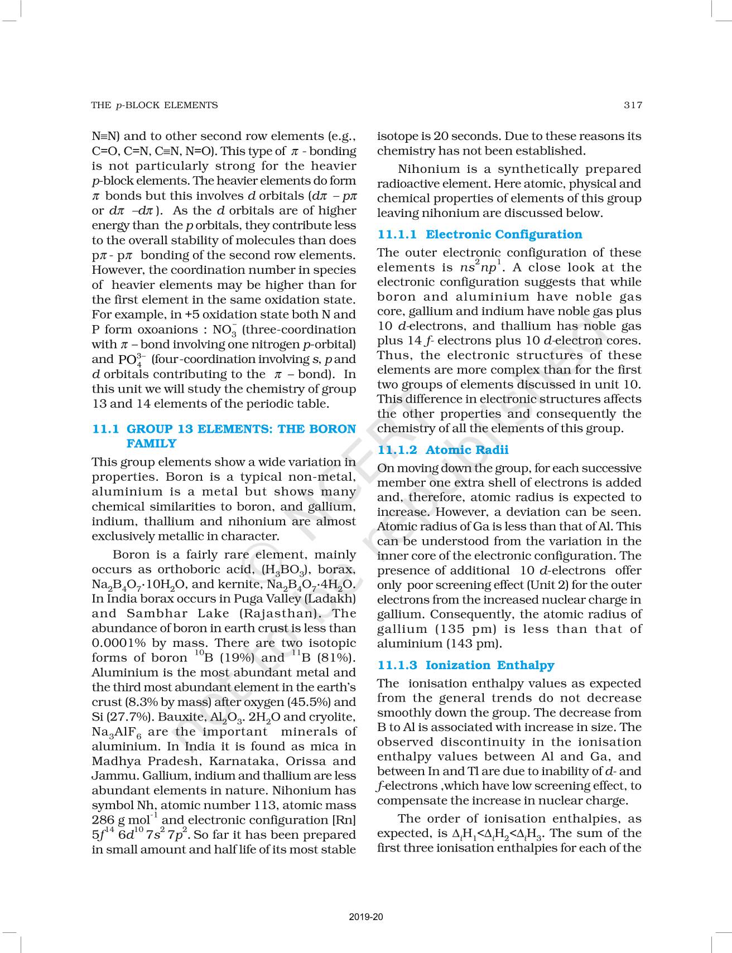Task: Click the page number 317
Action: pyautogui.click(x=633, y=105)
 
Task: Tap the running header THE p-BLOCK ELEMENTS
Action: pyautogui.click(x=155, y=105)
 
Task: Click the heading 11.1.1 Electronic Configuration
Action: pyautogui.click(x=479, y=234)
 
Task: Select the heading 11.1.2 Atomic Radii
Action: pyautogui.click(x=442, y=449)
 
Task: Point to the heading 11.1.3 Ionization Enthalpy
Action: pyautogui.click(x=465, y=665)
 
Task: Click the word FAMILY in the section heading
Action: pyautogui.click(x=151, y=443)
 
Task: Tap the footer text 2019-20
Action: pyautogui.click(x=366, y=917)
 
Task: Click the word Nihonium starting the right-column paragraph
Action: pyautogui.click(x=429, y=169)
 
